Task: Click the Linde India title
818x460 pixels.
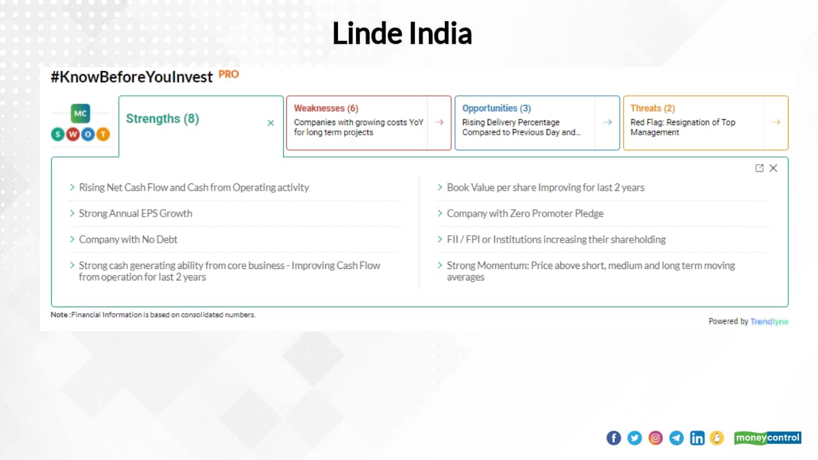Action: click(402, 34)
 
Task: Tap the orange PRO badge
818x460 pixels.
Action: click(229, 74)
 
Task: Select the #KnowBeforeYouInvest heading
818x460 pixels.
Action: click(132, 77)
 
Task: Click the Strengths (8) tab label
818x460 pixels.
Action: click(162, 119)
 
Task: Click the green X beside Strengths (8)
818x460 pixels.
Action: click(271, 123)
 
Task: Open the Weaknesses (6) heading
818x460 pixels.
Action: click(326, 109)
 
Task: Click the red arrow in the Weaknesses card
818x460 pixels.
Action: click(439, 122)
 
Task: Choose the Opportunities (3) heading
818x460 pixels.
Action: click(497, 109)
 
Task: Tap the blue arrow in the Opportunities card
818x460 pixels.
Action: click(608, 122)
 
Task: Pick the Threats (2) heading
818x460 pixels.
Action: click(652, 109)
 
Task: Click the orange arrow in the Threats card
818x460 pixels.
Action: click(776, 122)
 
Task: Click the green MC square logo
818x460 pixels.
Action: click(81, 114)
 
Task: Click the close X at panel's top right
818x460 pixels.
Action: click(773, 168)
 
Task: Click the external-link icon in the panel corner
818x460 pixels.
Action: click(759, 168)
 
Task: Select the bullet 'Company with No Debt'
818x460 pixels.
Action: click(128, 240)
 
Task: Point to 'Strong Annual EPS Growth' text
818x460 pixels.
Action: click(135, 213)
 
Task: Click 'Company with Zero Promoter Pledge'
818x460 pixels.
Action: click(525, 213)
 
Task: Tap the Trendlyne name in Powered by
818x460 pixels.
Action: click(769, 321)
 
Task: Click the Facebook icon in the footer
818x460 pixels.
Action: click(613, 438)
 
